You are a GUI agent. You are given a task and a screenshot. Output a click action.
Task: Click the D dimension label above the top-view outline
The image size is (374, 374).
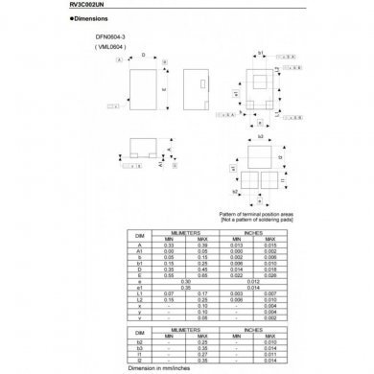click(144, 55)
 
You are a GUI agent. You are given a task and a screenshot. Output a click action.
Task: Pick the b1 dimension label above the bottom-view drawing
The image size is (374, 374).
click(261, 55)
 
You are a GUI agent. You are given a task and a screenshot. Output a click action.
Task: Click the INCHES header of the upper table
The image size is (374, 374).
click(255, 232)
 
